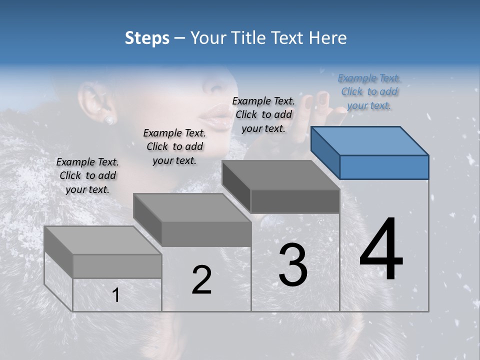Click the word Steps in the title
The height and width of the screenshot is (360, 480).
[x=147, y=38]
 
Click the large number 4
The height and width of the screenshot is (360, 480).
[x=381, y=249]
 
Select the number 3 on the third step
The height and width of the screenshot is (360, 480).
[x=292, y=265]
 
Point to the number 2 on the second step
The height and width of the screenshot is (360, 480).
[x=202, y=279]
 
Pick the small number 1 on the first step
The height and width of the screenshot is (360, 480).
[x=116, y=295]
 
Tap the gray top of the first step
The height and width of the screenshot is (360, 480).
[x=103, y=240]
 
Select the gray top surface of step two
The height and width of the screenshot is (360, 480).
[x=192, y=207]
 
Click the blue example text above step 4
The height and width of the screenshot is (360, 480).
[x=369, y=91]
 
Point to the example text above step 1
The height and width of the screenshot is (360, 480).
[x=87, y=175]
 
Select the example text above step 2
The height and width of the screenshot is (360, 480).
[x=174, y=146]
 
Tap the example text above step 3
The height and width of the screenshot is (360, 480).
[x=263, y=114]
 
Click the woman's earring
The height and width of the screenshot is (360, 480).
[x=109, y=120]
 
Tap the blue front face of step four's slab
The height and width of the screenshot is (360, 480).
[x=384, y=167]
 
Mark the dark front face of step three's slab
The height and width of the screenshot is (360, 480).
[x=295, y=201]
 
